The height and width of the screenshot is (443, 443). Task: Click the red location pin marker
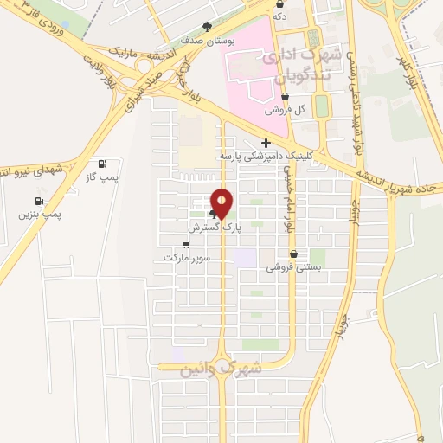click(x=222, y=203)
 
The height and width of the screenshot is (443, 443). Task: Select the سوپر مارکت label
click(x=184, y=258)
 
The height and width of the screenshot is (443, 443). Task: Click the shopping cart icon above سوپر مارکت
click(x=185, y=245)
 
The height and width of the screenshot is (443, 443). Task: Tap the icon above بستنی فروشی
click(x=294, y=254)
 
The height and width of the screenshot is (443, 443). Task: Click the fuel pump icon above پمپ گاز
click(x=103, y=164)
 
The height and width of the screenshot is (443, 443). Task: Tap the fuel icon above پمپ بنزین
click(x=39, y=201)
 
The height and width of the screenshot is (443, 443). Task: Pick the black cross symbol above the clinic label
click(x=265, y=143)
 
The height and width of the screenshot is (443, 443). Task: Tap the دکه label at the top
click(x=279, y=16)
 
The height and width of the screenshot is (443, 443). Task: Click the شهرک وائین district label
click(x=221, y=369)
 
